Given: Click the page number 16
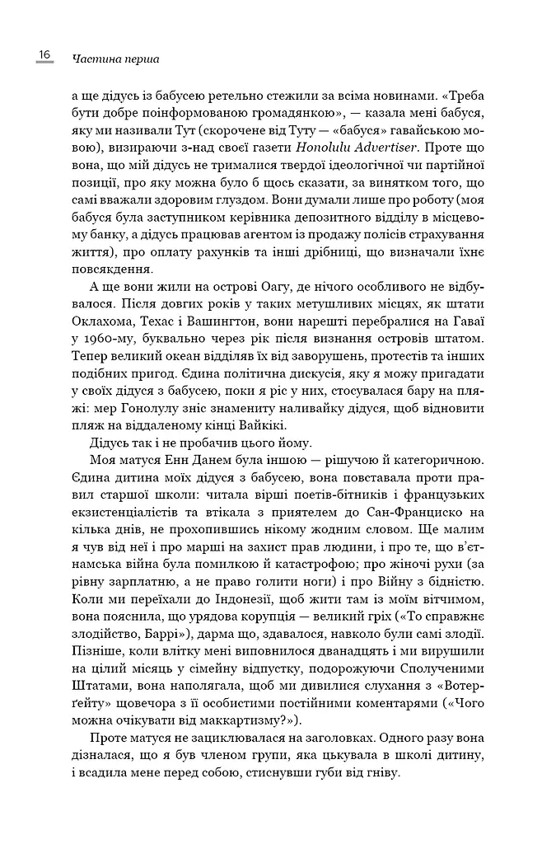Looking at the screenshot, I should [x=44, y=55].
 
